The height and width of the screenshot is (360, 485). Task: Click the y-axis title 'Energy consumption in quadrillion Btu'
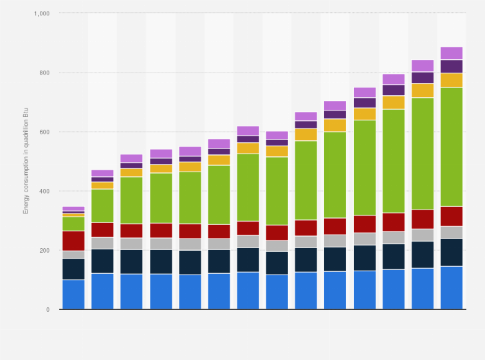(x=26, y=161)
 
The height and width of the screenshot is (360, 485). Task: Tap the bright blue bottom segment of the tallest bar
(x=452, y=287)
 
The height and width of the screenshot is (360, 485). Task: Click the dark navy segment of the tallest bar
(x=452, y=252)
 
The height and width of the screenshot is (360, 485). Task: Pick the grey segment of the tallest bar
(x=452, y=232)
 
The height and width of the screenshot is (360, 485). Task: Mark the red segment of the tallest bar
(x=452, y=216)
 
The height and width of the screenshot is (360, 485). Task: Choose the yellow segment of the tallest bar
(x=452, y=80)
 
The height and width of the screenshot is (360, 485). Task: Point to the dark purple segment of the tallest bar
(x=452, y=66)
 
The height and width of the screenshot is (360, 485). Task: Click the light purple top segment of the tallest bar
(x=452, y=53)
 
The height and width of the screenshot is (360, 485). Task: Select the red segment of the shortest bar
(x=73, y=240)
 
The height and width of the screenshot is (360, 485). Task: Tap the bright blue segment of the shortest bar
(x=73, y=294)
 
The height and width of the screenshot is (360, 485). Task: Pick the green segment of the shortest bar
(x=73, y=223)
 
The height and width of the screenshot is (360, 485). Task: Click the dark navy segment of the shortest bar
(x=73, y=269)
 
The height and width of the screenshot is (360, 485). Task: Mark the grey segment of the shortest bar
(x=73, y=255)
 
